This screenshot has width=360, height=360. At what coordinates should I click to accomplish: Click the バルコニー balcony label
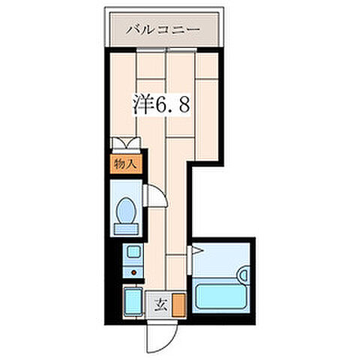pos(163,31)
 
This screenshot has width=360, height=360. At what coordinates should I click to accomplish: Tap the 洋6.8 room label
pos(165,105)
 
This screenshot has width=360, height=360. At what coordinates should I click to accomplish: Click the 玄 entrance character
pos(160,304)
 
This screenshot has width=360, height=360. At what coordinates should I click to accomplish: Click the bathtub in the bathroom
pos(223,293)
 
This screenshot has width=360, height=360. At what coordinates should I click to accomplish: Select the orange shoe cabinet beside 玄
pos(178,304)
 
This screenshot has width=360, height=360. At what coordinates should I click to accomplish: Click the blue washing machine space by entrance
pos(133,302)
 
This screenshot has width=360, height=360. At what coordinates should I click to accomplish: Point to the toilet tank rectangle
pos(124,227)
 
